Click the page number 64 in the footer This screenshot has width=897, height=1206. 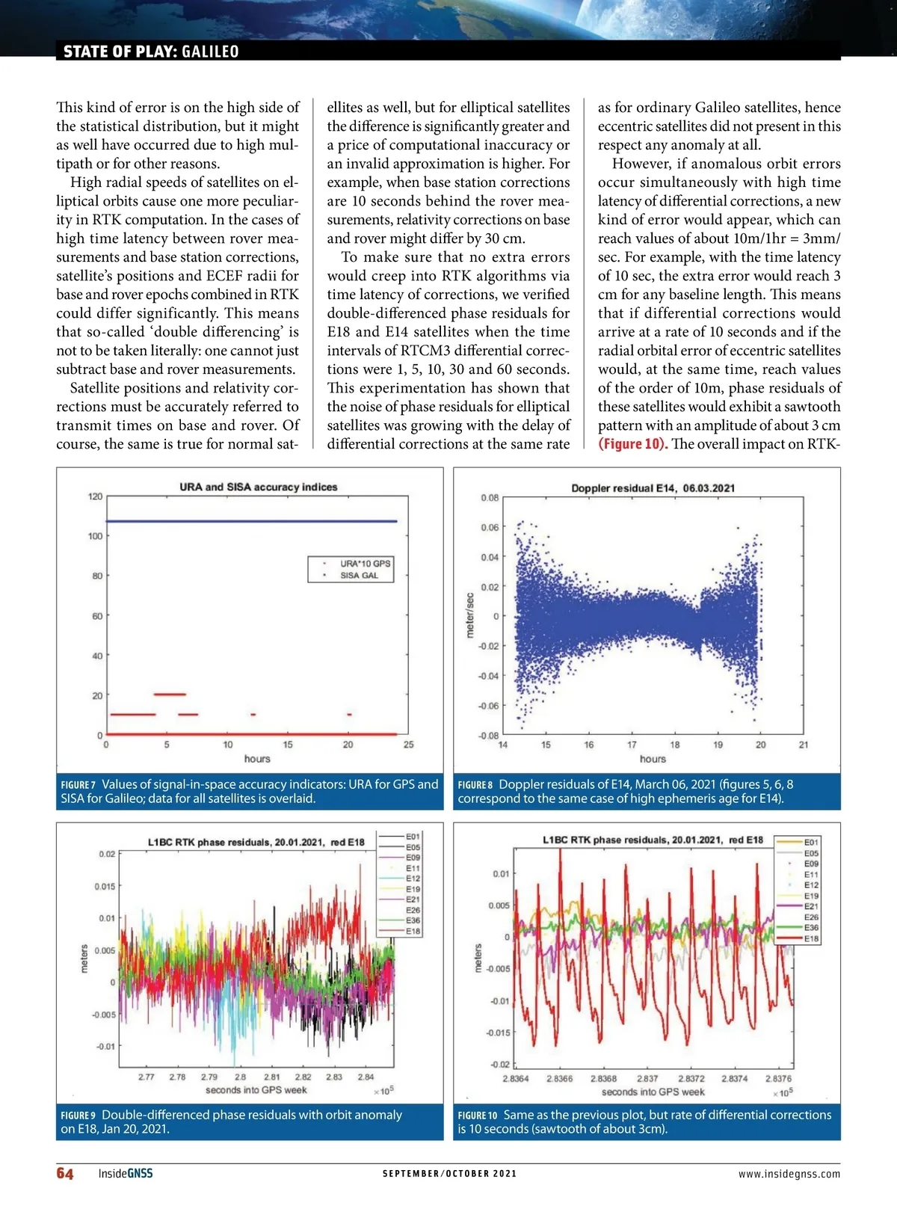click(x=65, y=1173)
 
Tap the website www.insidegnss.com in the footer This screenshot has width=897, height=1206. click(x=789, y=1174)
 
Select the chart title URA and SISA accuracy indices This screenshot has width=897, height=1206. click(x=258, y=487)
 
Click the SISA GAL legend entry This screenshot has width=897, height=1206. click(x=359, y=576)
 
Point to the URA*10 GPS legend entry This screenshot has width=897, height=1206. click(x=365, y=564)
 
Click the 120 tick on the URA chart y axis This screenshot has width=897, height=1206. click(x=95, y=496)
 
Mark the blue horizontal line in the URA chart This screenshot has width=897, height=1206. click(x=251, y=521)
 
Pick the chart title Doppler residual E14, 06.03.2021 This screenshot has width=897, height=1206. click(x=653, y=488)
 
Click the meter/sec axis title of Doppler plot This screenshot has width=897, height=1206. click(x=470, y=615)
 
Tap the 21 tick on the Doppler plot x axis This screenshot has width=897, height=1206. click(x=804, y=745)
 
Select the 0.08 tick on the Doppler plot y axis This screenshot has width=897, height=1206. click(x=490, y=498)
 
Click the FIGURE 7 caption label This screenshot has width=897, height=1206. click(x=78, y=785)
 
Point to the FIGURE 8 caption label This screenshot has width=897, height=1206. click(x=475, y=785)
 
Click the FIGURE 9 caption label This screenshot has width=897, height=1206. click(x=78, y=1116)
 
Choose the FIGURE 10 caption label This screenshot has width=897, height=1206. click(x=477, y=1116)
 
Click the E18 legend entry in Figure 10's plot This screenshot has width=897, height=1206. click(x=811, y=938)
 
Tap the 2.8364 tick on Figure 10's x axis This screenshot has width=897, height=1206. click(x=515, y=1079)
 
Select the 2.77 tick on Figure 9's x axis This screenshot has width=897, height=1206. click(x=147, y=1077)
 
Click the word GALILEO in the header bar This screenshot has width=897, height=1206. click(x=210, y=52)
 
